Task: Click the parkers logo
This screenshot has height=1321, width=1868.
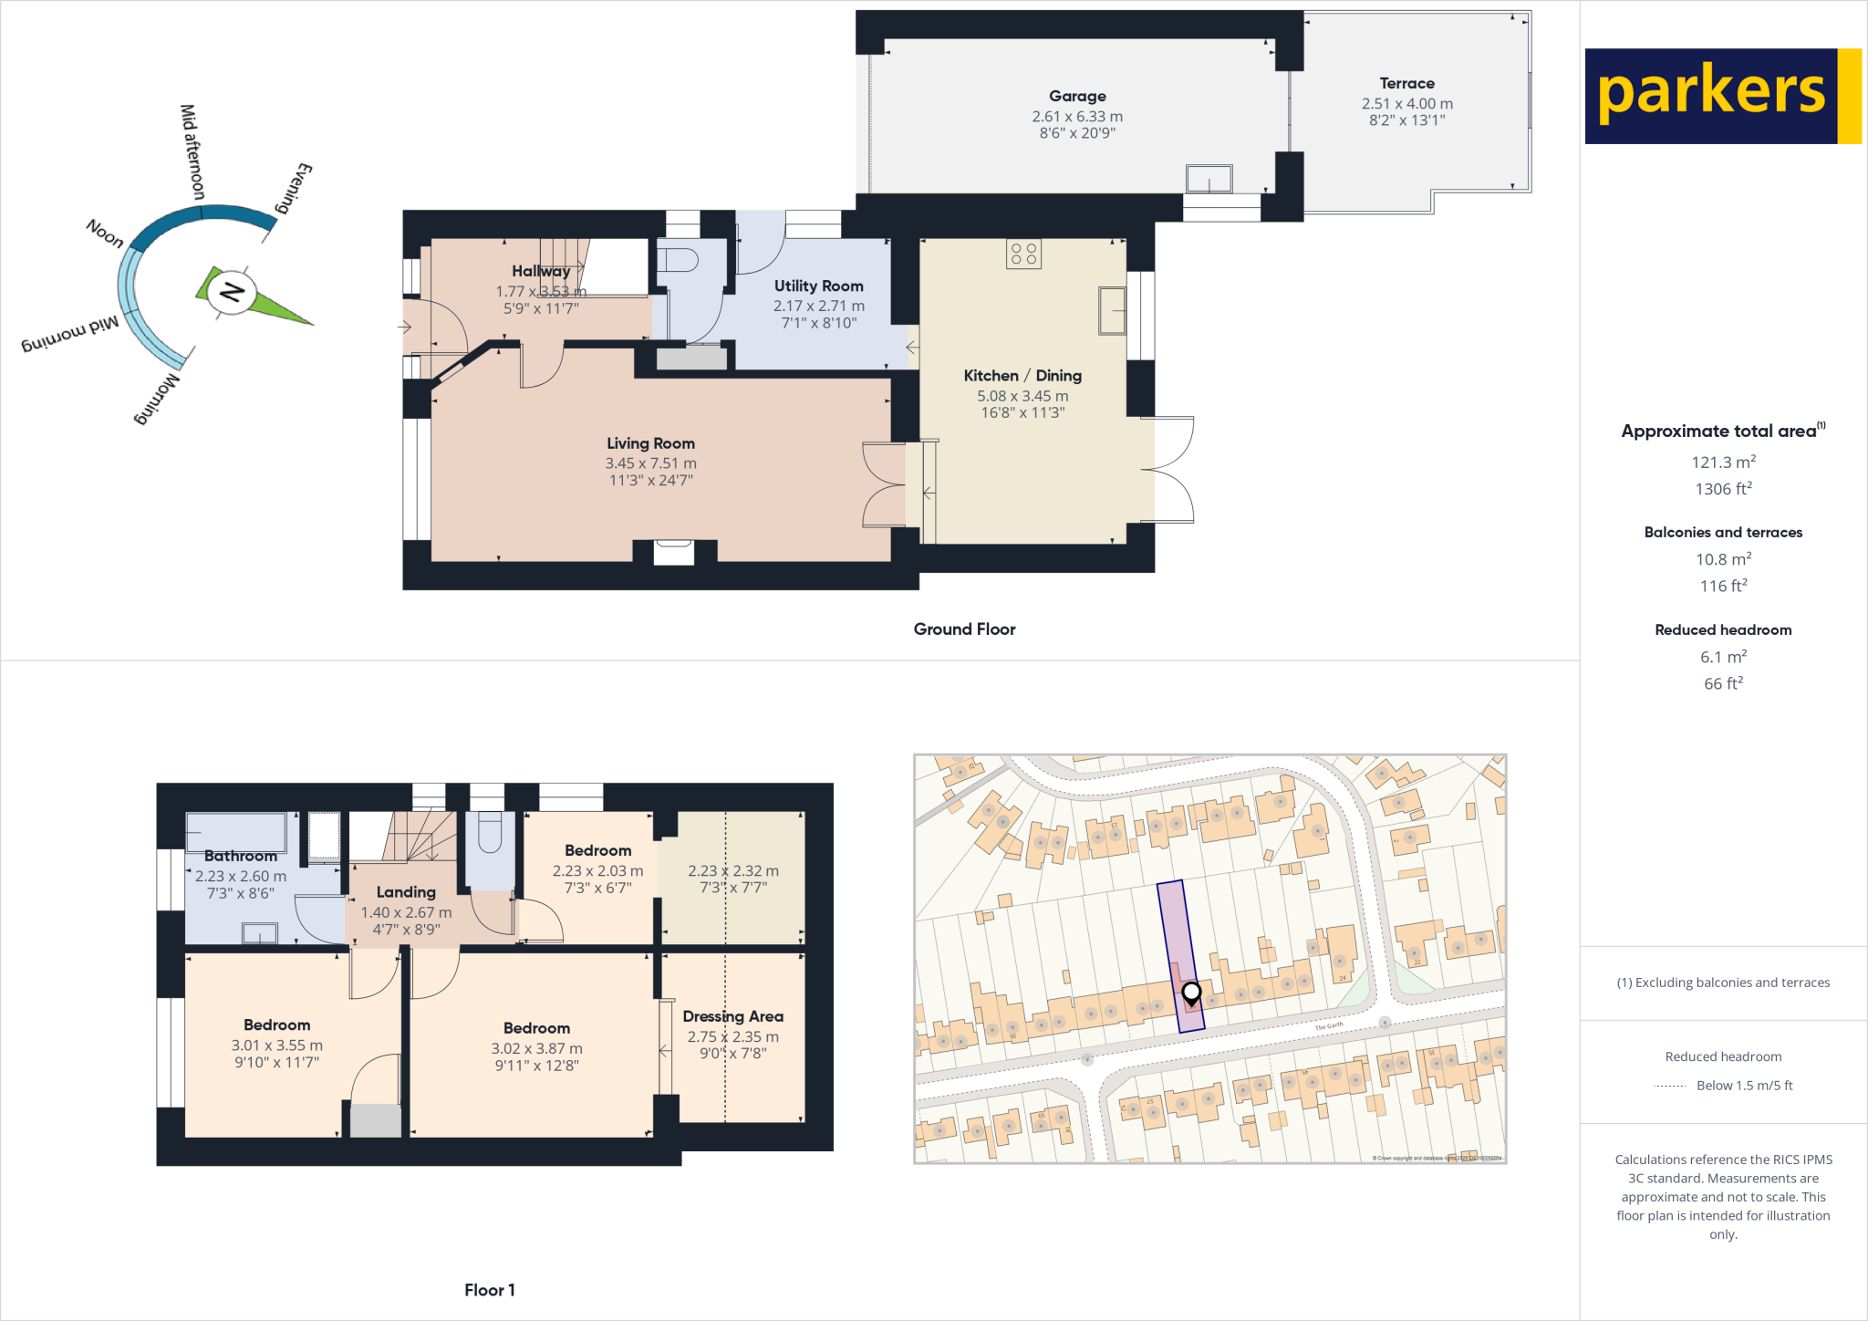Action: click(1722, 96)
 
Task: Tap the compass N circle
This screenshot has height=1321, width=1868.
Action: click(231, 293)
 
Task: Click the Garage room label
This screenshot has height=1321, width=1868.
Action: click(1077, 96)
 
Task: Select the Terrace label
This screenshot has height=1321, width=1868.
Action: click(1406, 83)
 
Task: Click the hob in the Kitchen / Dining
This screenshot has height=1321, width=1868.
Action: click(1023, 254)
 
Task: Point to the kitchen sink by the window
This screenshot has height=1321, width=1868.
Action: click(1112, 310)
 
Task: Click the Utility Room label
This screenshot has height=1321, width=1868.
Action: click(818, 286)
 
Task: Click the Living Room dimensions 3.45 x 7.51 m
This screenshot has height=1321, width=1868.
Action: click(650, 463)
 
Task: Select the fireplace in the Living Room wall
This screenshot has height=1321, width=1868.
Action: click(674, 551)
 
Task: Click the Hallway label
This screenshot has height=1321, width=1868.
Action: click(540, 271)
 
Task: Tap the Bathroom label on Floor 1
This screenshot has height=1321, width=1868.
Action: click(240, 856)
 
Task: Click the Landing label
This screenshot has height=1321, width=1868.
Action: click(406, 891)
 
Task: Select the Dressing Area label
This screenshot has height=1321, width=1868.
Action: click(732, 1016)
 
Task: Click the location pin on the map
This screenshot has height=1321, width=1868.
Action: click(1191, 992)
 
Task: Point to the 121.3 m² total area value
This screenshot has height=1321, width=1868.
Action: click(1723, 462)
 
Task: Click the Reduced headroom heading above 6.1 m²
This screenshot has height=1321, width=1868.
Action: click(1723, 629)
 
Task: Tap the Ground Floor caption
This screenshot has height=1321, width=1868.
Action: click(964, 629)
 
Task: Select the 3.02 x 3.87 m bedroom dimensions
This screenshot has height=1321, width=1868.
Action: click(536, 1048)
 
